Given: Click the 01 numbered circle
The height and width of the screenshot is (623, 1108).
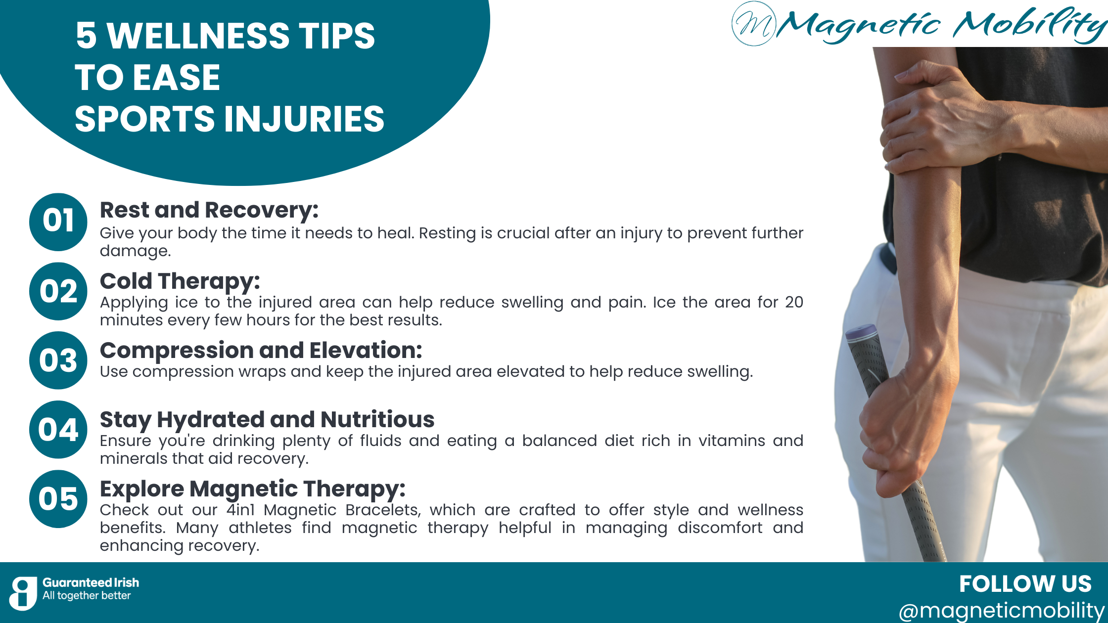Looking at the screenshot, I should (x=58, y=222).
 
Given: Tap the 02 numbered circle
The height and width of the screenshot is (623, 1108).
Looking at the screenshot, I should (x=58, y=291).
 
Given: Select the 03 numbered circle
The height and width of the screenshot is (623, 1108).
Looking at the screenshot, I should (x=58, y=360).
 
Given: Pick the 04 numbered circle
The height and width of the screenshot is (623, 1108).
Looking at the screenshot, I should (x=58, y=430).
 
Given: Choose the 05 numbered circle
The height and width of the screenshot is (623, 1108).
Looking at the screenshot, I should (x=58, y=499).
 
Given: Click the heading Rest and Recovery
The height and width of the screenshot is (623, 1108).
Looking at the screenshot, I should (x=209, y=210).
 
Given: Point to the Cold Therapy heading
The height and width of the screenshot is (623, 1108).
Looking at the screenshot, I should (x=180, y=281).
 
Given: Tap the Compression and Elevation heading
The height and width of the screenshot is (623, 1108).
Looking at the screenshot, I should (x=261, y=351).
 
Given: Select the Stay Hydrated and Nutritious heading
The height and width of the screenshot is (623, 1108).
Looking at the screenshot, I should (x=267, y=420).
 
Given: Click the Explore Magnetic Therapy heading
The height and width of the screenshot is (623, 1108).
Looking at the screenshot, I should (x=252, y=489).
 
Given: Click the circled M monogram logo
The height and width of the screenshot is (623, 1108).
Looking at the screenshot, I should (x=754, y=24).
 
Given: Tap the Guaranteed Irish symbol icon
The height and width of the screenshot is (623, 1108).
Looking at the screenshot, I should (x=23, y=593).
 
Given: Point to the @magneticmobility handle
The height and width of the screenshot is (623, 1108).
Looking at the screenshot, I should (x=1001, y=611).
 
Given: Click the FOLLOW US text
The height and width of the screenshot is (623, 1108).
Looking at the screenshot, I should (x=1025, y=584).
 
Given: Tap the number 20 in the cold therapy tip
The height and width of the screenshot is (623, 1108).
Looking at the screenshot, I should (x=794, y=302).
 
